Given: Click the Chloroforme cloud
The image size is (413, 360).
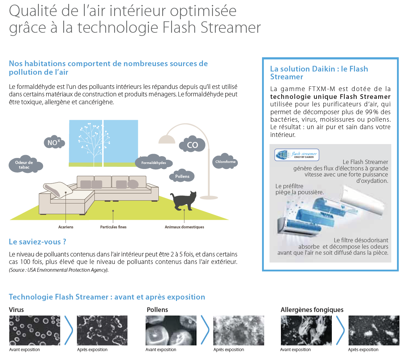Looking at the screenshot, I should pos(225,162).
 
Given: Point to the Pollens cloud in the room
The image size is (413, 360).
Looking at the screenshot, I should pos(182,176).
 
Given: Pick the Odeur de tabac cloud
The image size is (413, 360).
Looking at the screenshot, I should pos(25,165).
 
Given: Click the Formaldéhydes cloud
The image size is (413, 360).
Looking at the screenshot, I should pos(153,163).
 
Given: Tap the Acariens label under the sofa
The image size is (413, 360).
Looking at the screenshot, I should pos(66,227).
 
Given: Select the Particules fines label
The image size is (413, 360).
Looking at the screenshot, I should pos(113,227).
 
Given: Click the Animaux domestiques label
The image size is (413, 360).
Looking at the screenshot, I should pos(184,227).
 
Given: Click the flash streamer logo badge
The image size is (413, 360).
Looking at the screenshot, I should pos(297,155).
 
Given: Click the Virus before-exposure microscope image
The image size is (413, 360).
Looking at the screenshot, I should pos(34,330).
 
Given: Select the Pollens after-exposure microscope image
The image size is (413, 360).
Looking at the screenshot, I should pos(239,330).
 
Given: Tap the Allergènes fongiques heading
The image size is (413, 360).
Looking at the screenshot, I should pos(312,310).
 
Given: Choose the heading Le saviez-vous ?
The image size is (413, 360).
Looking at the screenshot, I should pos(37,242).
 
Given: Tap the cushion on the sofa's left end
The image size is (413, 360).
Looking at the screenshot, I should pos(58,189).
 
